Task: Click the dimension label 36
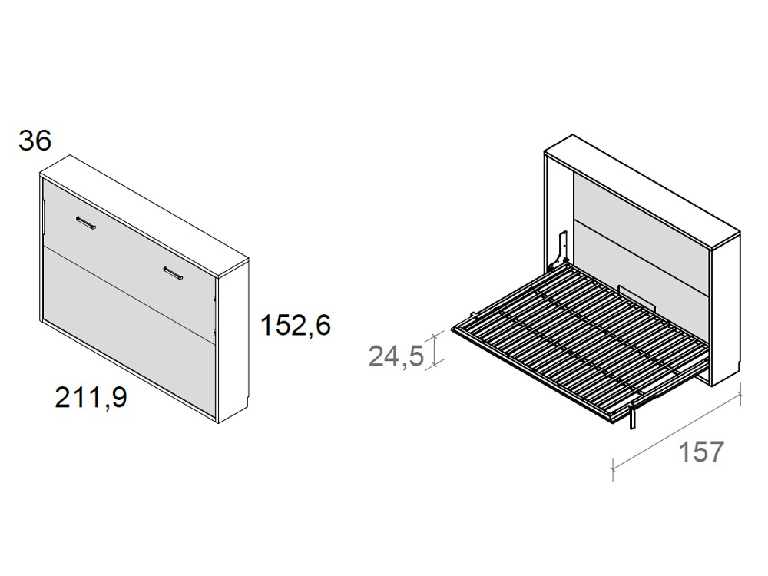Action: coord(35,141)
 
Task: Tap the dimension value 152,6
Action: coord(295,326)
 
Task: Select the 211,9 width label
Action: coord(91,398)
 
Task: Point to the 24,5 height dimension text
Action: coord(396,356)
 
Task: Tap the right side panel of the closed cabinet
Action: coord(233,338)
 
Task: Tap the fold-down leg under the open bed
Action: coord(631,415)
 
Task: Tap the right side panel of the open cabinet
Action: coord(726,307)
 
